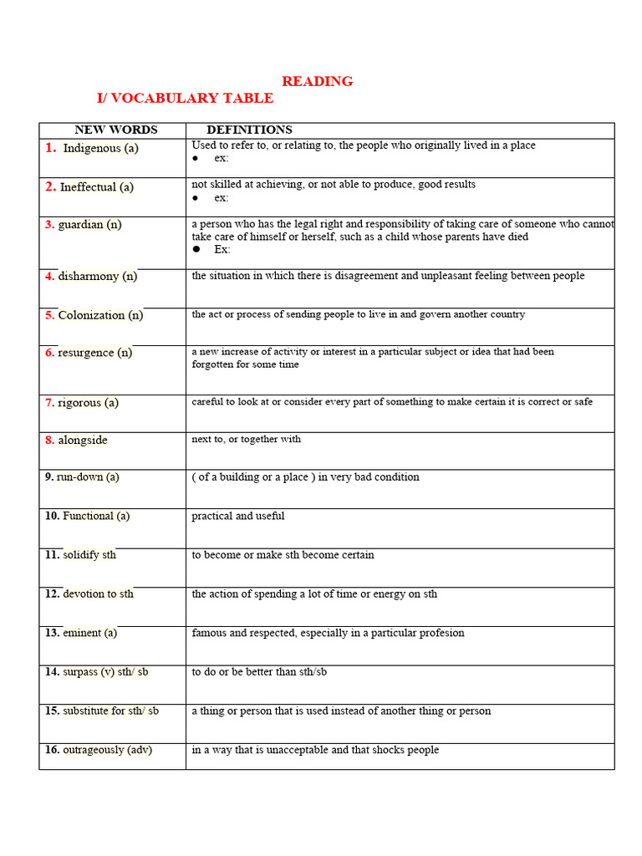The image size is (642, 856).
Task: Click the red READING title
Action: coord(317,81)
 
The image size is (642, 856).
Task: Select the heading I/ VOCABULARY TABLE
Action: coord(185,99)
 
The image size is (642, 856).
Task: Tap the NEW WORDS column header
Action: coord(115,130)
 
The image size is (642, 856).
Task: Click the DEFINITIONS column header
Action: coord(249,130)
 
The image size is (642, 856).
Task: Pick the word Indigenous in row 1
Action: coord(92,148)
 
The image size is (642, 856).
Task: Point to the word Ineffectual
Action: coord(88,187)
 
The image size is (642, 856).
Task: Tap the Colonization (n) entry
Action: coord(100,315)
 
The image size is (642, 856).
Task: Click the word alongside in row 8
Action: coord(83,441)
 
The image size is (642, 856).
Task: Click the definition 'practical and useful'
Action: coord(238,516)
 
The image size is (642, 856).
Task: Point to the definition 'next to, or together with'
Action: coord(247,439)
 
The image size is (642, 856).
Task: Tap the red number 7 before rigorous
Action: coord(49,403)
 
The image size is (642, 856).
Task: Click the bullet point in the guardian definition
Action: coord(196,249)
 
